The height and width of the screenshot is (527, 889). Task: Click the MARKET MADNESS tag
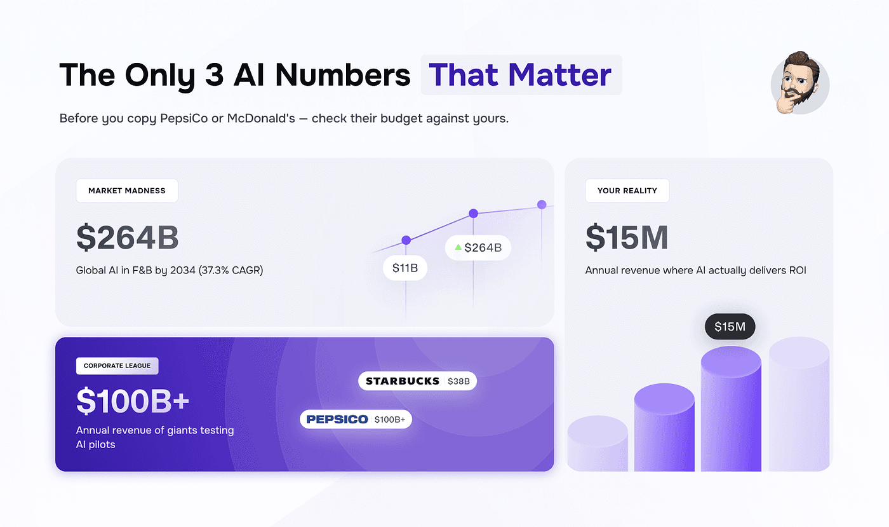[x=127, y=191]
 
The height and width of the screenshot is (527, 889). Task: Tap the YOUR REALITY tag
[x=627, y=191]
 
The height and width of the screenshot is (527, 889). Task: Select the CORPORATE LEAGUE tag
[x=117, y=366]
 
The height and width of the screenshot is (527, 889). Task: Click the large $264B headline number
[x=128, y=237]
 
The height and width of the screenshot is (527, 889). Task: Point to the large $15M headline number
[x=627, y=237]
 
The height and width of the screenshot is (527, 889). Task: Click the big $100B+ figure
[x=133, y=401]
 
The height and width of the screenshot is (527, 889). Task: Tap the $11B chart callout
[x=405, y=268]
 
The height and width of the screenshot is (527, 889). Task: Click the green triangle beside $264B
[x=458, y=247]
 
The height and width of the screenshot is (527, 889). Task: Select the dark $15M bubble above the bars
[x=730, y=327]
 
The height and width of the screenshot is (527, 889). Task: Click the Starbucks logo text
[x=403, y=381]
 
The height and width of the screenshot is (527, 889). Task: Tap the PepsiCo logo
[x=337, y=420]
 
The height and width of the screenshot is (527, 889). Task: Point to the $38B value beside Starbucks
[x=458, y=381]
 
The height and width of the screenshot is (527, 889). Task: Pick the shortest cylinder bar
[x=598, y=444]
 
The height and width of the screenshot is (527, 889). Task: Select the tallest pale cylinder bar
[x=799, y=404]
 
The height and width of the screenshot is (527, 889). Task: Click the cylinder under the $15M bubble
[x=731, y=409]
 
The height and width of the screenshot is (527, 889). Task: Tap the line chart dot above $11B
[x=406, y=240]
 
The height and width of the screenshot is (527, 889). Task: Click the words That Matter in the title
[x=520, y=75]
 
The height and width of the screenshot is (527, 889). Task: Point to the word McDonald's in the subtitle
[x=261, y=118]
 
